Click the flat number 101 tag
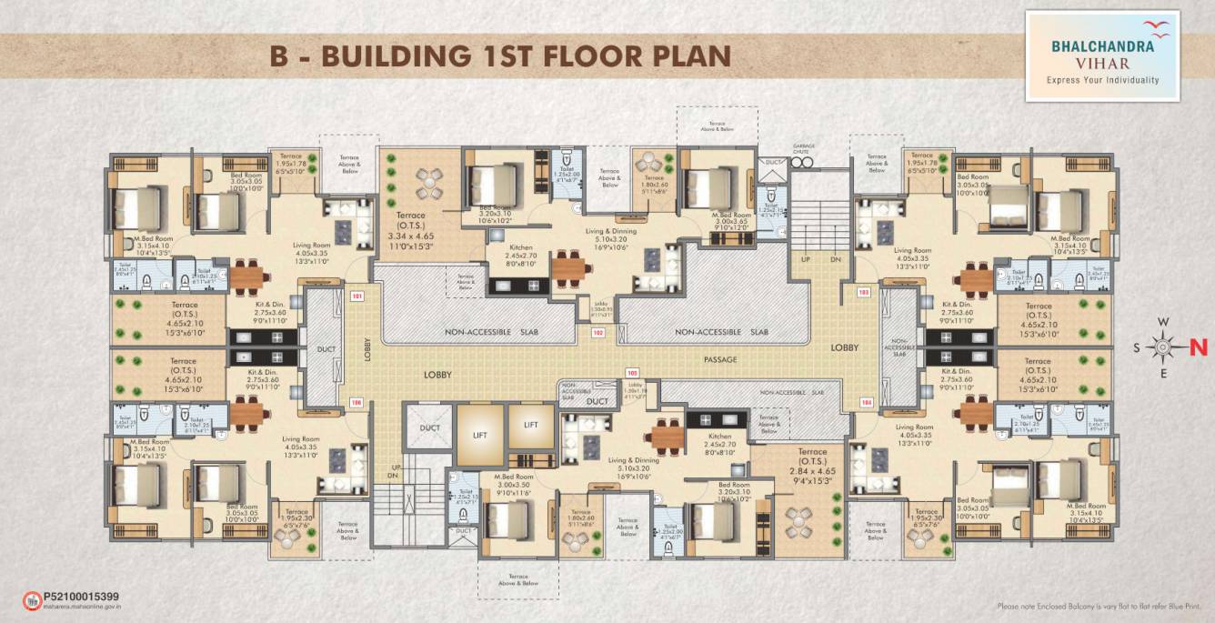(356, 296)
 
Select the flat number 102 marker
(597, 333)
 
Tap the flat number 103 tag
(863, 292)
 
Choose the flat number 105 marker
(632, 373)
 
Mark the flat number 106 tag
(356, 401)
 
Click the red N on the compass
(1198, 347)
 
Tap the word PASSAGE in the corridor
(718, 360)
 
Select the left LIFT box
(479, 435)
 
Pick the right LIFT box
(531, 425)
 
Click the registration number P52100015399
(81, 596)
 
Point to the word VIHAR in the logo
(1102, 64)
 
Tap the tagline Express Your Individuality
(1102, 80)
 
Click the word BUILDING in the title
(397, 55)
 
